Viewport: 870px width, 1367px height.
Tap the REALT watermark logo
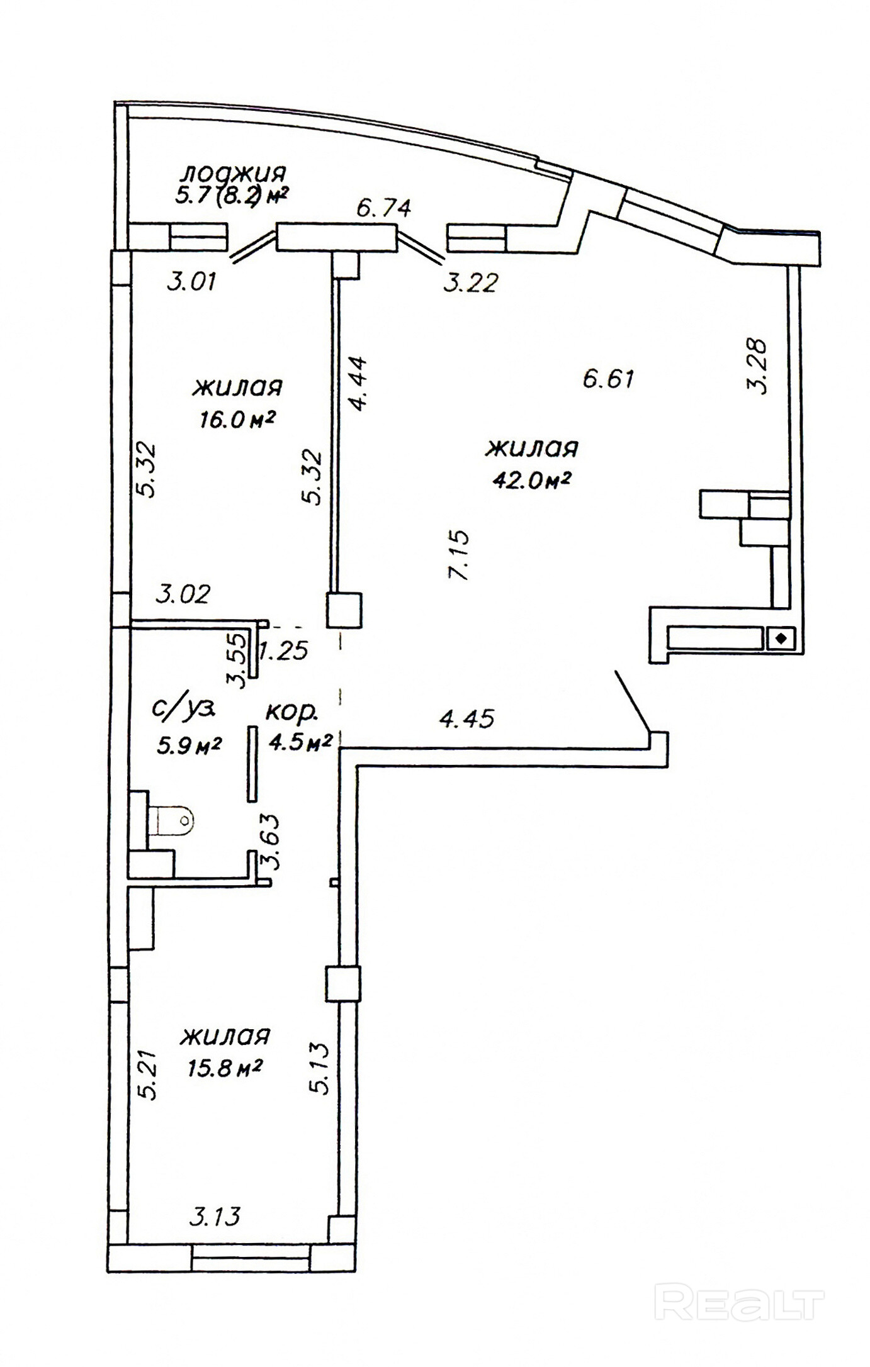pos(739,1301)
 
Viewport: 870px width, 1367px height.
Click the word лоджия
pos(234,172)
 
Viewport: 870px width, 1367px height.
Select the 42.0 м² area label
pos(532,480)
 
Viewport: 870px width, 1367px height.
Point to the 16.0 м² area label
pos(237,420)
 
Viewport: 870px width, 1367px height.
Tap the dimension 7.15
pos(459,555)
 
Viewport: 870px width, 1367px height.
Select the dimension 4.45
pos(466,718)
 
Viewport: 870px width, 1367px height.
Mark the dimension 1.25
pos(284,650)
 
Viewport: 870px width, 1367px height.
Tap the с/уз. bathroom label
pos(184,709)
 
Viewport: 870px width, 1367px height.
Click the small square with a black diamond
pos(781,639)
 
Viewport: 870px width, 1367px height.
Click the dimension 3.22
pos(470,282)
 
